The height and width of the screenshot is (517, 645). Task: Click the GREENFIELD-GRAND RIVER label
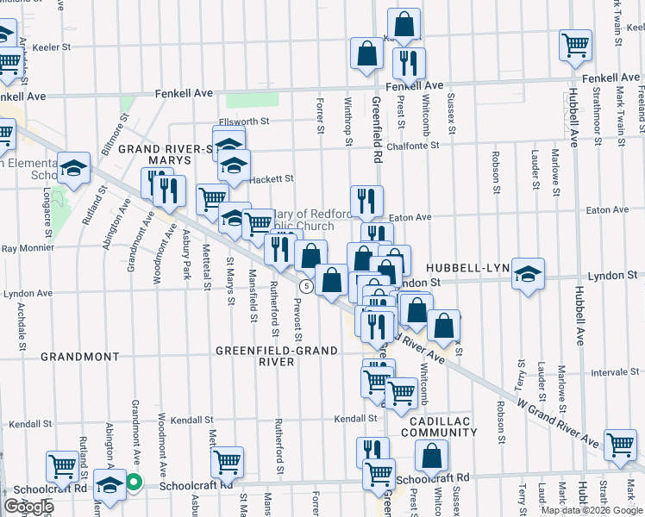tap(254, 356)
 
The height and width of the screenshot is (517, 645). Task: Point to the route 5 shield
tap(305, 285)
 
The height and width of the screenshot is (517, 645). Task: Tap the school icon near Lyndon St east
tap(528, 275)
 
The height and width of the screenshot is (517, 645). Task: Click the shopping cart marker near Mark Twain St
tap(575, 43)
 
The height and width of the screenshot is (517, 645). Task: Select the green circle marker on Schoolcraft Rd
tap(134, 483)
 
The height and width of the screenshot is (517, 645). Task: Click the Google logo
tap(28, 506)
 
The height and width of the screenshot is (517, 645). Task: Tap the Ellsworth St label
tap(245, 121)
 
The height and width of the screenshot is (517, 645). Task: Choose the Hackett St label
tap(272, 178)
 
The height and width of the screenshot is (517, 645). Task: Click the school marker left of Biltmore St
tap(74, 169)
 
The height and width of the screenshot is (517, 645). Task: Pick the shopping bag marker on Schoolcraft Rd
tap(432, 457)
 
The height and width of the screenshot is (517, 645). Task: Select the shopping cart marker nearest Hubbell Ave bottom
tap(620, 445)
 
